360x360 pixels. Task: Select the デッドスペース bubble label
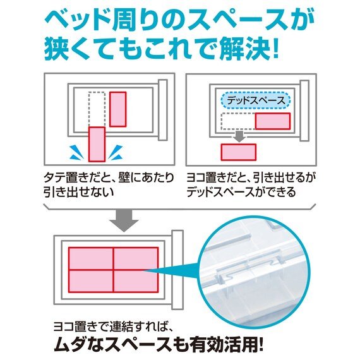point(256,100)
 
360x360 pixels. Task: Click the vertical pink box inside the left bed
point(118,109)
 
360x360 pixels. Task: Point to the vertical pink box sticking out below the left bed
point(96,144)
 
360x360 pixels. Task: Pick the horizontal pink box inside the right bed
point(272,121)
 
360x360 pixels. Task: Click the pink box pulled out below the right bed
point(238,152)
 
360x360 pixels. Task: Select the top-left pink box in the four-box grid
point(90,258)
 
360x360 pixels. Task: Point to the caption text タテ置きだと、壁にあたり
point(109,179)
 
